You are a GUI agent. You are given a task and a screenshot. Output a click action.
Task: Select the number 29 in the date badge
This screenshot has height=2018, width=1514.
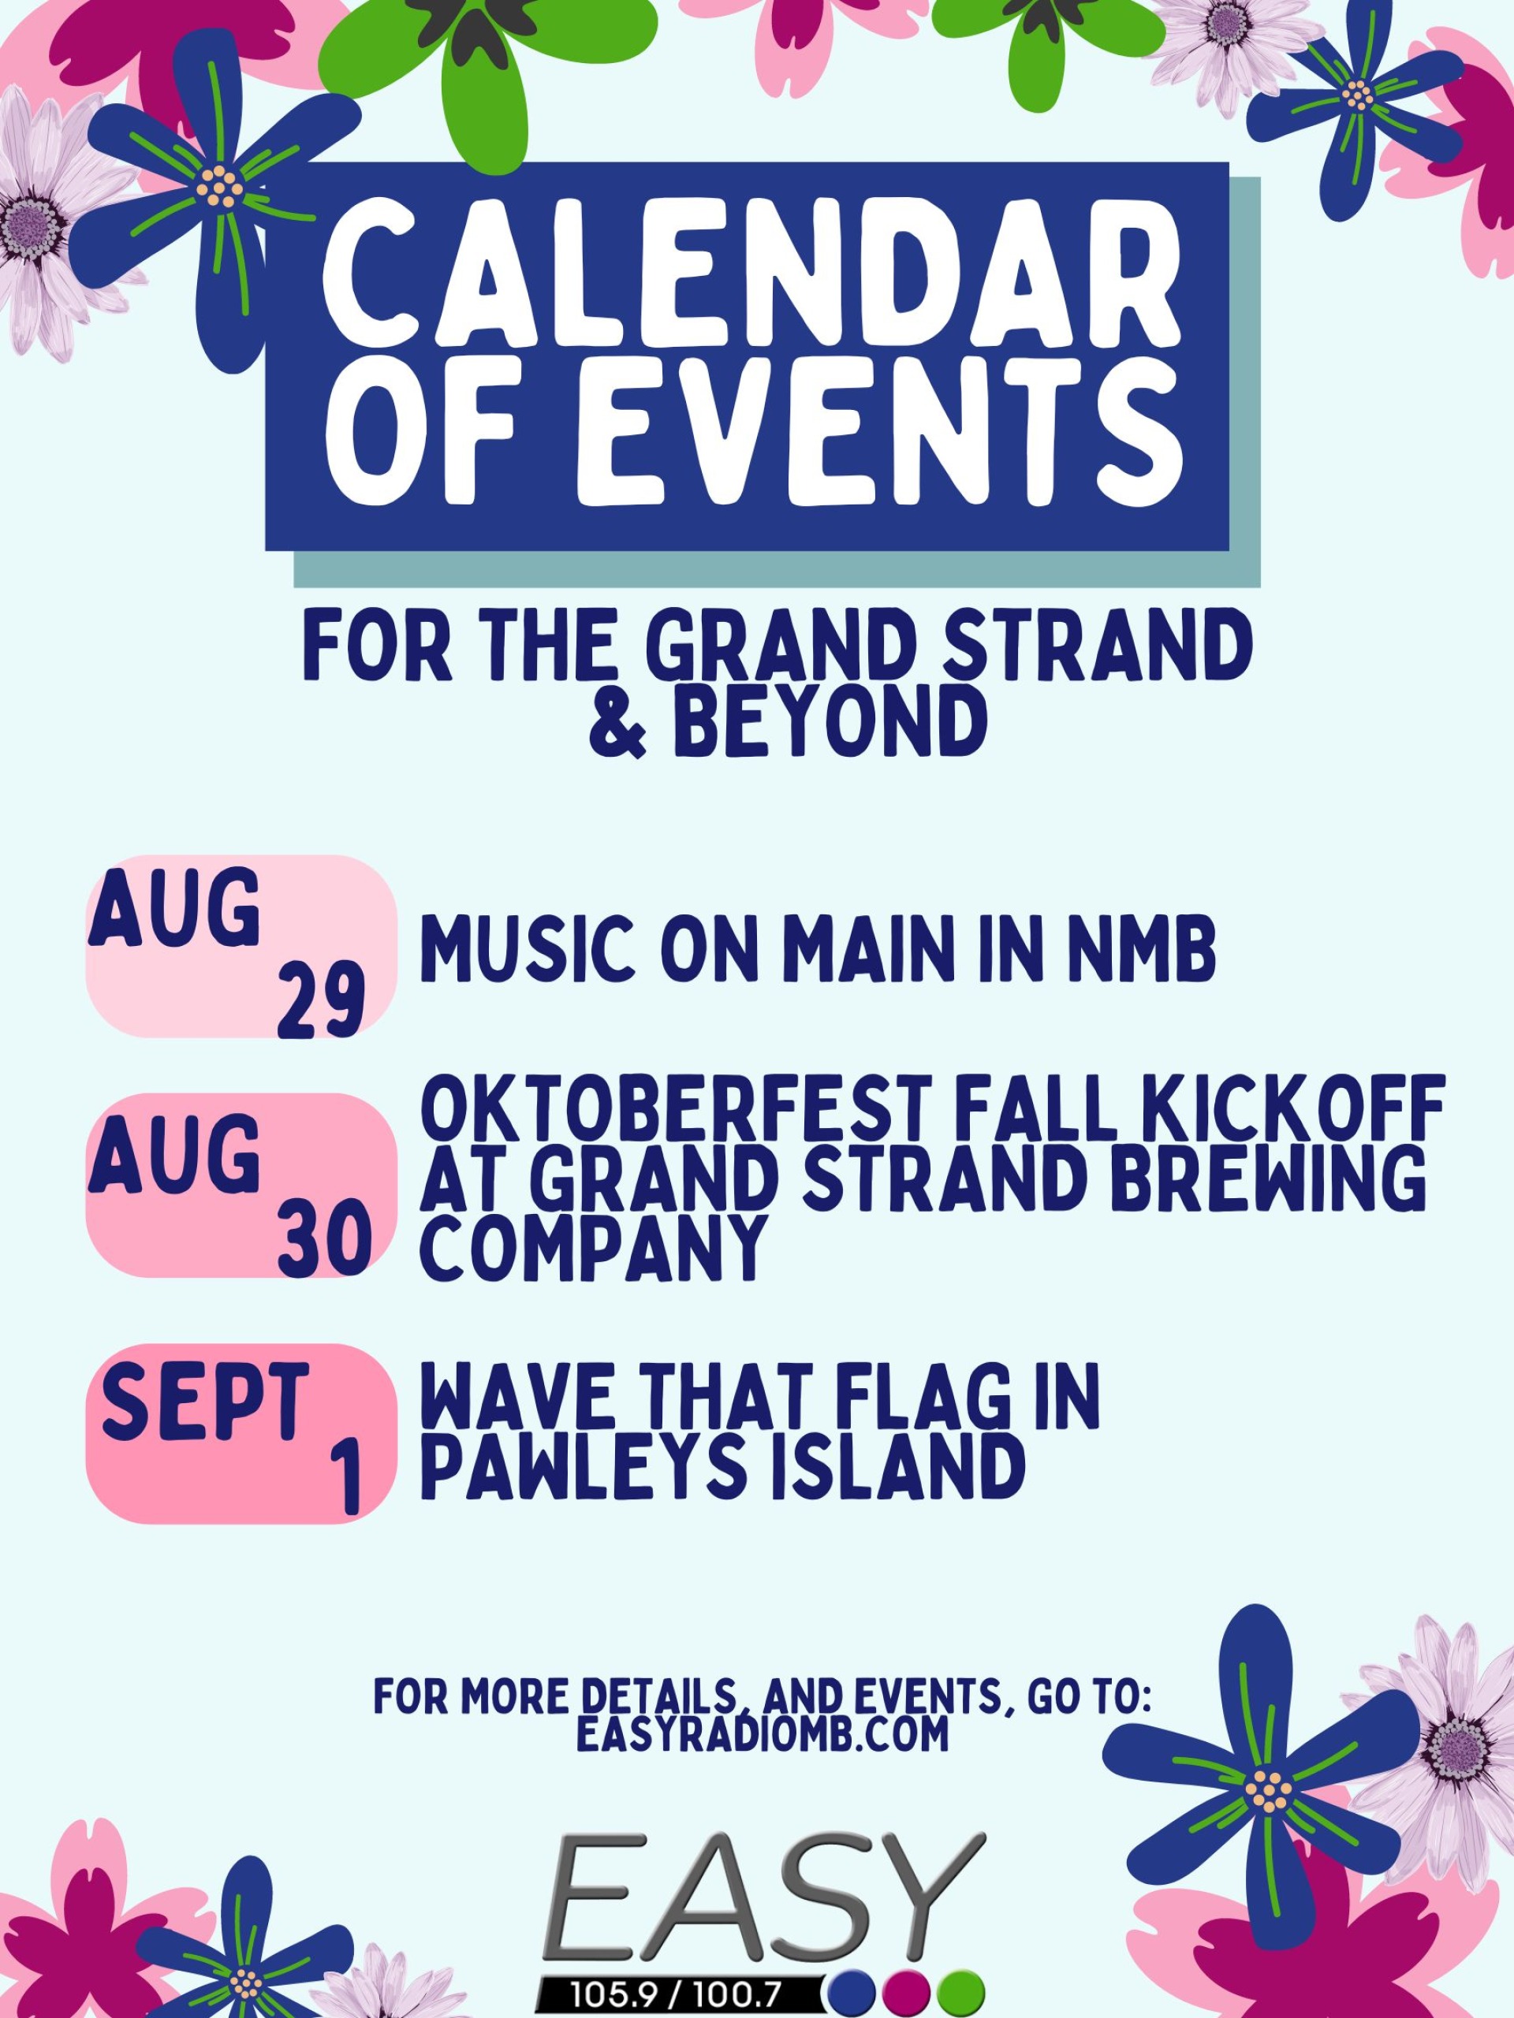point(320,1002)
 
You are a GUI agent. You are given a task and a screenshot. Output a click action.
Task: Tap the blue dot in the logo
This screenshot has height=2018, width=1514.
point(854,1993)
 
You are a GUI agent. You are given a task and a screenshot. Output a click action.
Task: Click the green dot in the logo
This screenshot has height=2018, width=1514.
point(961,1993)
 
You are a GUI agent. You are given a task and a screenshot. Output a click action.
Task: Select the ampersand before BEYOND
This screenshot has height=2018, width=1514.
point(618,726)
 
